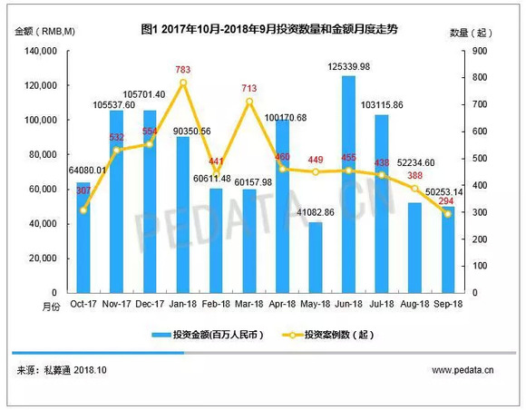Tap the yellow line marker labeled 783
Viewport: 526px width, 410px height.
(183, 83)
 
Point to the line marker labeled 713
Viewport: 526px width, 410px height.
(248, 101)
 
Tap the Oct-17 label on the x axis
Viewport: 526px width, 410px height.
(83, 304)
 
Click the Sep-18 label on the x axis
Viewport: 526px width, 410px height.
(448, 304)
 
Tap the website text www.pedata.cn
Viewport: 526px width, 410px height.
(463, 370)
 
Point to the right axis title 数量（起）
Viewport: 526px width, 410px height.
(471, 31)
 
